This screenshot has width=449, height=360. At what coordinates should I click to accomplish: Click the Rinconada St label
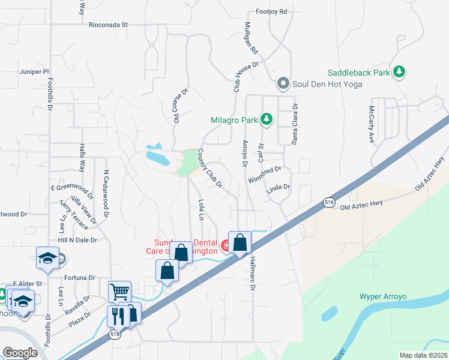(x=109, y=25)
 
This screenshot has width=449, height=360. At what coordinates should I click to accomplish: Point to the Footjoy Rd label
(x=271, y=11)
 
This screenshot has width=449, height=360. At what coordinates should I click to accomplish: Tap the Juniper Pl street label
(x=34, y=71)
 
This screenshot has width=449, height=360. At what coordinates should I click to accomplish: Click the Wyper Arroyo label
(x=383, y=296)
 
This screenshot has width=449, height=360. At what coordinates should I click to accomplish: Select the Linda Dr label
(x=278, y=188)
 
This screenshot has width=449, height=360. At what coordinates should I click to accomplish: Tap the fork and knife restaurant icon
(x=116, y=316)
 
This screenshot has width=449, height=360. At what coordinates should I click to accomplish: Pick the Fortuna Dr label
(x=80, y=278)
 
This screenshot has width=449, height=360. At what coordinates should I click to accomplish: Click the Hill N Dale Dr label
(x=77, y=239)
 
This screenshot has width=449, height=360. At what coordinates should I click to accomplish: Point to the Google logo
(x=20, y=353)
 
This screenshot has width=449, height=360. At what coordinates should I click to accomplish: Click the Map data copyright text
(x=423, y=355)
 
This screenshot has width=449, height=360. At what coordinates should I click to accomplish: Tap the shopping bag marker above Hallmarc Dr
(x=240, y=243)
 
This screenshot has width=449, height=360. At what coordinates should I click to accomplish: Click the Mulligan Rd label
(x=250, y=38)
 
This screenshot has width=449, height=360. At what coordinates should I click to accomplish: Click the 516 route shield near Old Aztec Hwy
(x=328, y=202)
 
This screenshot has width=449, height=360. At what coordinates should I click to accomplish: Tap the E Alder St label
(x=28, y=283)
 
